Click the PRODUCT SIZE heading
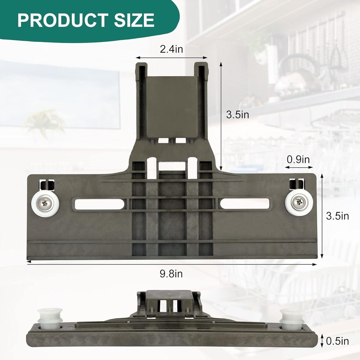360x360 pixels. click(85, 20)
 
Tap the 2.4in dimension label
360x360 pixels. click(171, 49)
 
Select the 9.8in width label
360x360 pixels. click(171, 274)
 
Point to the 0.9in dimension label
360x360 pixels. click(298, 159)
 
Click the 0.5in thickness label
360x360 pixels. click(337, 341)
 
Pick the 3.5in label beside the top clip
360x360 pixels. click(238, 115)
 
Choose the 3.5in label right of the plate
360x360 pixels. click(337, 216)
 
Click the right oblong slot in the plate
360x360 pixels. click(244, 204)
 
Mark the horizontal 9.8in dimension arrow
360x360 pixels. click(171, 264)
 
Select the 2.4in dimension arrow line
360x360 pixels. click(171, 58)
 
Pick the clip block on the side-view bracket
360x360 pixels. click(169, 300)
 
